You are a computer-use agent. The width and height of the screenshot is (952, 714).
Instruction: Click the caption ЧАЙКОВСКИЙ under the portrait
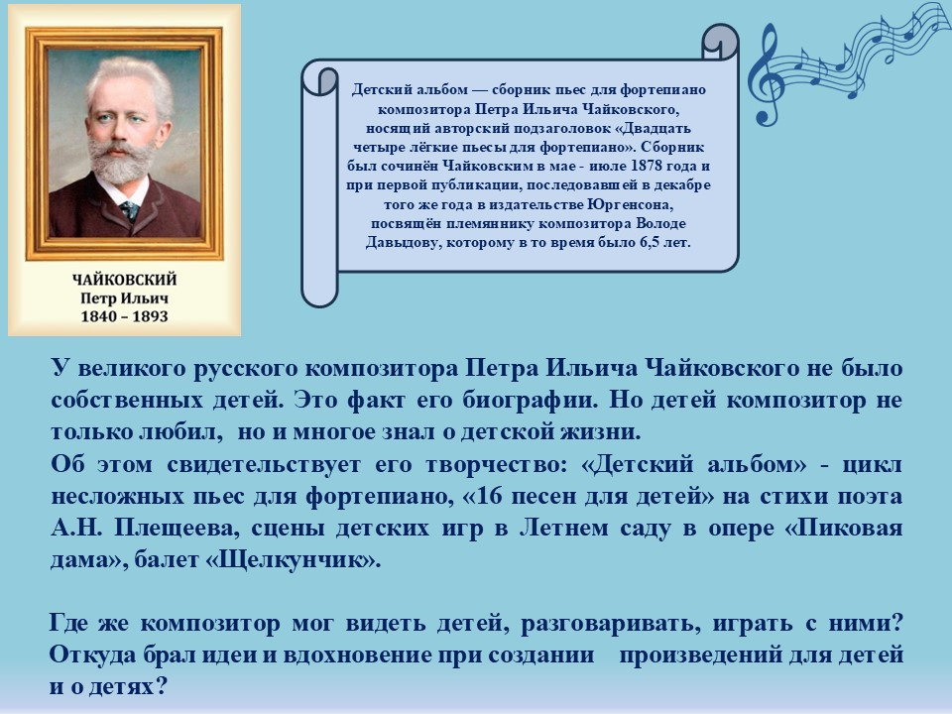pos(125,280)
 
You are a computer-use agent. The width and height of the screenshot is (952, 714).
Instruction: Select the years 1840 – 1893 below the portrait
pos(125,316)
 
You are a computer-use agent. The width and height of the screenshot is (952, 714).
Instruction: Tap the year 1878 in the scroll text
pos(646,166)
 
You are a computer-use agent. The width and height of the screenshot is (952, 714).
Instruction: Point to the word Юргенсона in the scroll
pos(632,204)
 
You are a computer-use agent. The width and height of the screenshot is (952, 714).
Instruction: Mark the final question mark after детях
pos(161,686)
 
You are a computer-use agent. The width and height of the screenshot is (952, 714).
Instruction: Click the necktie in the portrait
pos(129,211)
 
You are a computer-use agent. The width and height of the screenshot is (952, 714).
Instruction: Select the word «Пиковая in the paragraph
pos(843,528)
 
